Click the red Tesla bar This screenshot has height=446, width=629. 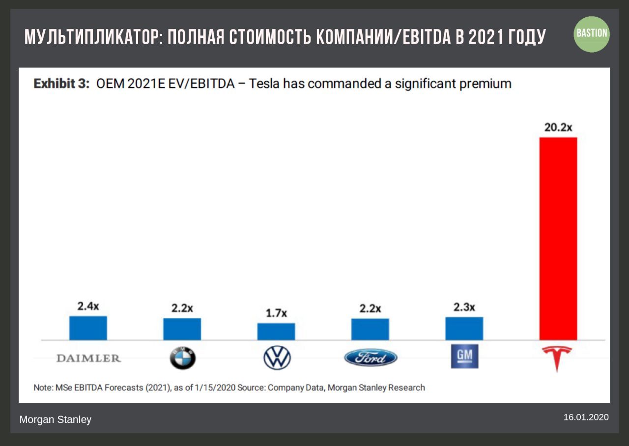558,238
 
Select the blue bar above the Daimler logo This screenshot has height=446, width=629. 88,328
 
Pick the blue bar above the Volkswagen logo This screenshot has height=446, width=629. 276,332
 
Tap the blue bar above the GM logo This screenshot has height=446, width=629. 464,329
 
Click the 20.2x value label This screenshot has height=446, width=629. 558,127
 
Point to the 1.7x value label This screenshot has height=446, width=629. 276,313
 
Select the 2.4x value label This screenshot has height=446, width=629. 88,306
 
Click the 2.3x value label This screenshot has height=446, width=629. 464,307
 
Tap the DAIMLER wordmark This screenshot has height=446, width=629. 88,358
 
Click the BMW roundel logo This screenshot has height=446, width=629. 182,358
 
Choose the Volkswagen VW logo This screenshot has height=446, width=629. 277,358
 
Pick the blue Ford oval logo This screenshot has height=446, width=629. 371,358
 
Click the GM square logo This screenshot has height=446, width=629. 464,356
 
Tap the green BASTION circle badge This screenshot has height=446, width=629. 592,34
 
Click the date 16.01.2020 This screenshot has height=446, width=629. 586,417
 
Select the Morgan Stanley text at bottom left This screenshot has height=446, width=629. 55,419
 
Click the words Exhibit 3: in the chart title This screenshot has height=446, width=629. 61,84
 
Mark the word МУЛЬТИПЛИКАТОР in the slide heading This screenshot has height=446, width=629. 91,37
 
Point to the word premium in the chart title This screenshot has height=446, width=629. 485,84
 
